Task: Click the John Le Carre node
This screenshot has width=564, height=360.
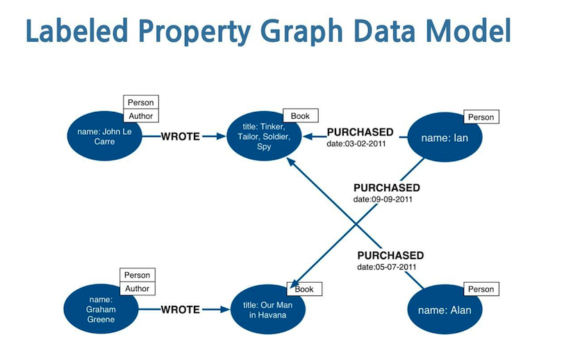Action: click(x=103, y=136)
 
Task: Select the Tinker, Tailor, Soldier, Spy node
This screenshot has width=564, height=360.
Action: click(x=264, y=137)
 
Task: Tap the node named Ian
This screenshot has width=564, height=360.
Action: click(x=445, y=138)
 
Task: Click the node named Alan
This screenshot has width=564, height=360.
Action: click(x=445, y=310)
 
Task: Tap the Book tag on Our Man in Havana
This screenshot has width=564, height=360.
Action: click(x=304, y=289)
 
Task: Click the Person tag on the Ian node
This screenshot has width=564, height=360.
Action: click(x=480, y=117)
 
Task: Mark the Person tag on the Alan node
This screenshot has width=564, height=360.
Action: click(x=480, y=289)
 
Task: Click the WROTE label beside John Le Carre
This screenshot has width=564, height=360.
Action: click(x=180, y=136)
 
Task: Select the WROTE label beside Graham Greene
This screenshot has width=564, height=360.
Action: click(x=180, y=309)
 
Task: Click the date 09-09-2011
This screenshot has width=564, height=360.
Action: click(x=383, y=199)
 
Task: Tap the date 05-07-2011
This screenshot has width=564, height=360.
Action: click(x=387, y=267)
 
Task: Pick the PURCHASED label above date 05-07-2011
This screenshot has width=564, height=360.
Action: click(x=390, y=255)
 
